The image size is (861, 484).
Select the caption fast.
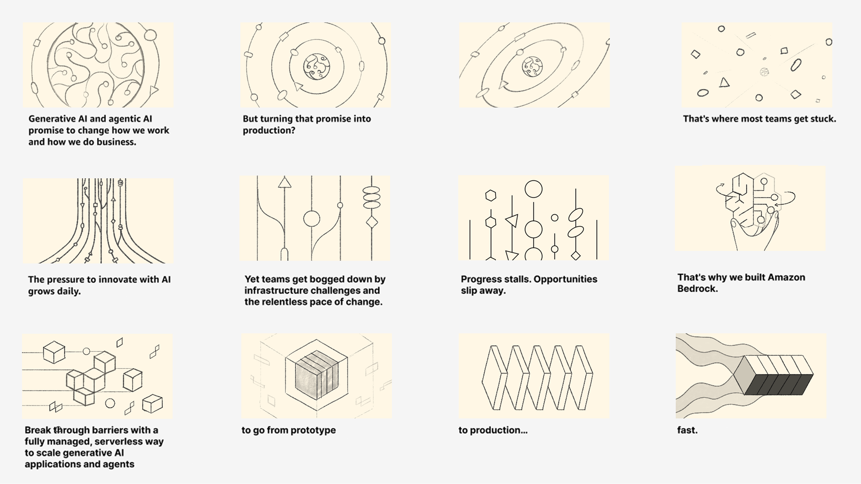point(687,430)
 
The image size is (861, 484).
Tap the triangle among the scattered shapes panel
point(724,82)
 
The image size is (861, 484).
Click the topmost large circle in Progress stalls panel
point(533,189)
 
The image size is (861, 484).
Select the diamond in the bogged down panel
point(372,222)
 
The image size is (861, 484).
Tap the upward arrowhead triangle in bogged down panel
point(284,182)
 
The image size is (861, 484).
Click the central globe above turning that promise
point(316,67)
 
